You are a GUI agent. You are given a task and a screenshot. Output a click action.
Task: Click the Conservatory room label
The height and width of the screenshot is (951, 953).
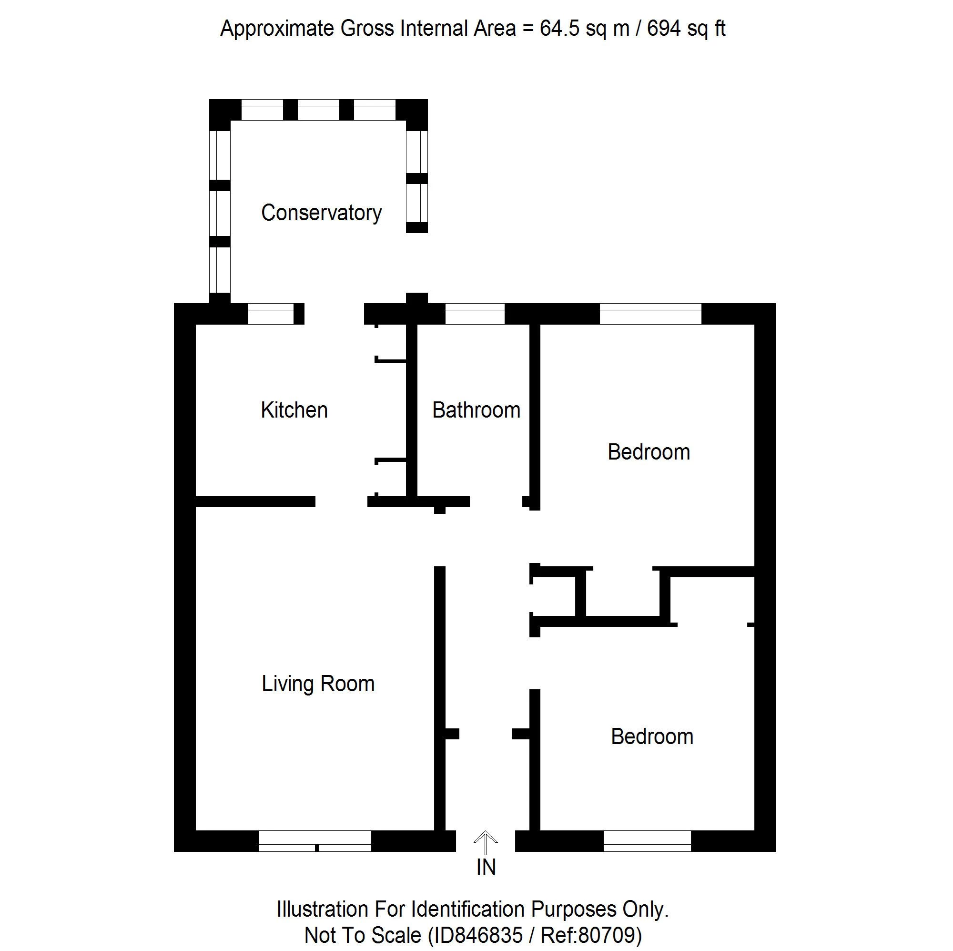pyautogui.click(x=321, y=213)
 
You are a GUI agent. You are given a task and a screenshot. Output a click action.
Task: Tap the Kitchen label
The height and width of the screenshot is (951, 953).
pyautogui.click(x=294, y=410)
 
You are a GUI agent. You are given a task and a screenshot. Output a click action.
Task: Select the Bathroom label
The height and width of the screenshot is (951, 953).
pyautogui.click(x=476, y=410)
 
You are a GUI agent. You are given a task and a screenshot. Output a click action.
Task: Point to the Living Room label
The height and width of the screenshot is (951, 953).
pyautogui.click(x=318, y=684)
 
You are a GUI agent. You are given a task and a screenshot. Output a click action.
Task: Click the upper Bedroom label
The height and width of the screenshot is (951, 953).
pyautogui.click(x=648, y=452)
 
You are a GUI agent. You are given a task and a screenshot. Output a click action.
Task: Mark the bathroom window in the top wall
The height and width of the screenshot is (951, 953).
pyautogui.click(x=475, y=314)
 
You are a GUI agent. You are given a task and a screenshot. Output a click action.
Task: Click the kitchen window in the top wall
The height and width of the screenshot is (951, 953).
pyautogui.click(x=270, y=314)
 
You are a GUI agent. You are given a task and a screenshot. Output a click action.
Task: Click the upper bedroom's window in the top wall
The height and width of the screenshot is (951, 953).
pyautogui.click(x=650, y=314)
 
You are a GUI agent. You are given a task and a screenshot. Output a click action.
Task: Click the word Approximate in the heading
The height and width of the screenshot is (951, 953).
pyautogui.click(x=277, y=29)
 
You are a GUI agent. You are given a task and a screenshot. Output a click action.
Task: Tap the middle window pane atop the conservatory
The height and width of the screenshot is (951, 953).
pyautogui.click(x=318, y=110)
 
